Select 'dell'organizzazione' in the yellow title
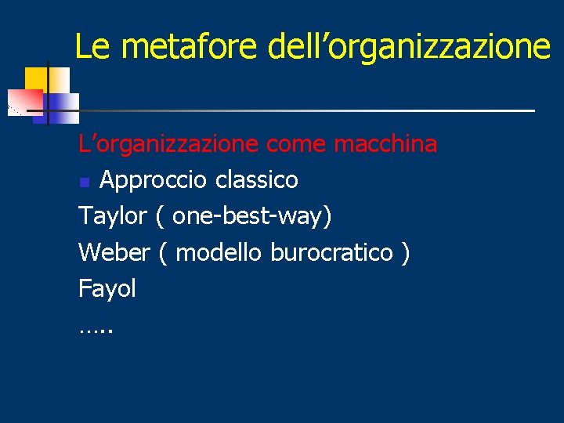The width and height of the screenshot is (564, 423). [x=409, y=46]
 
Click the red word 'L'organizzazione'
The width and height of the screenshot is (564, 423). [x=168, y=144]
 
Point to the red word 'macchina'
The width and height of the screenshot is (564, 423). [x=385, y=144]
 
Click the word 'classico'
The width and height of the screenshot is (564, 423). [x=257, y=180]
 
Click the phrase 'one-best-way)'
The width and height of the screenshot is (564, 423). [x=251, y=216]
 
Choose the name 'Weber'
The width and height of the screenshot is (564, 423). [x=114, y=252]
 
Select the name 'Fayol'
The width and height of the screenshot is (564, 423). [x=107, y=288]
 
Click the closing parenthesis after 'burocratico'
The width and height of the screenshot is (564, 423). [x=405, y=252]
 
